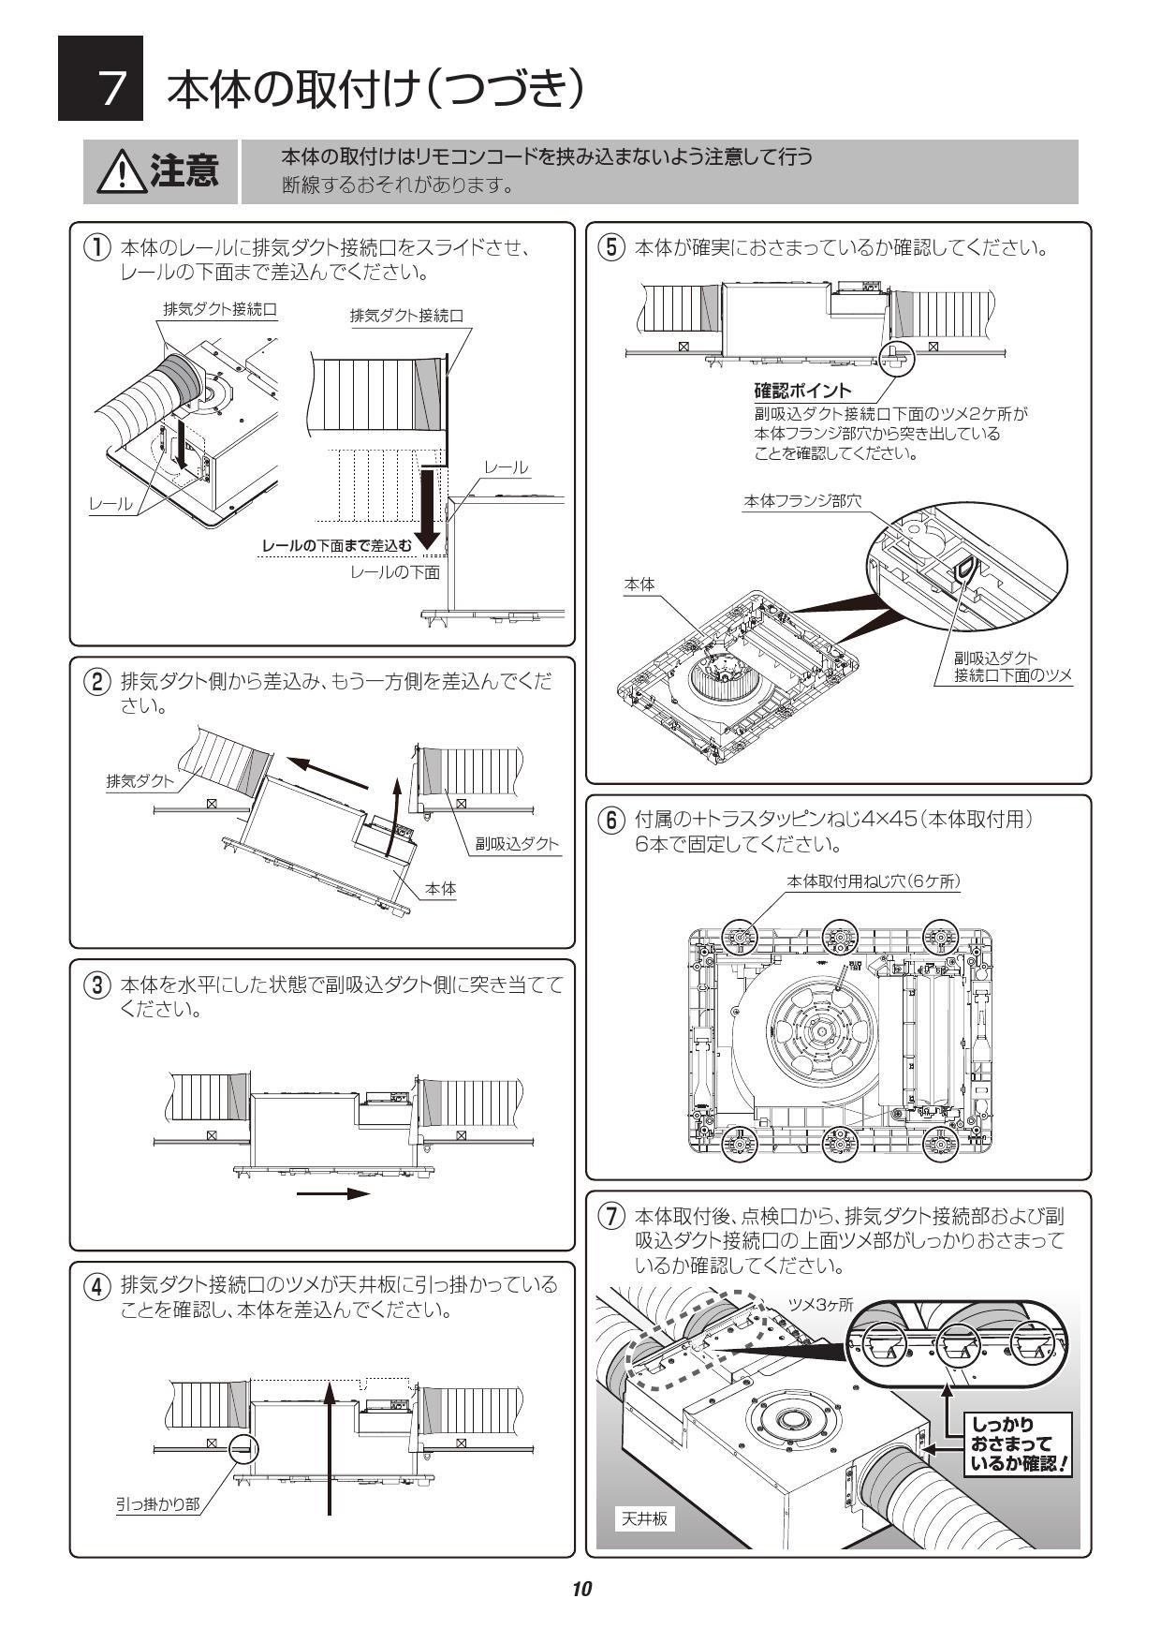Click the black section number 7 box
(x=100, y=79)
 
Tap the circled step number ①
(x=96, y=249)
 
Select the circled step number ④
(x=96, y=1285)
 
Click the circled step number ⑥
(x=610, y=821)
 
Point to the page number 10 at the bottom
(x=581, y=1589)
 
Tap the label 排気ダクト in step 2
(x=140, y=781)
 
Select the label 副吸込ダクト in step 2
(x=516, y=843)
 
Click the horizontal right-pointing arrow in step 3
(x=333, y=1193)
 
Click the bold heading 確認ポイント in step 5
(x=802, y=391)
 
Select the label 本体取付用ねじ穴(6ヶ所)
(x=873, y=881)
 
